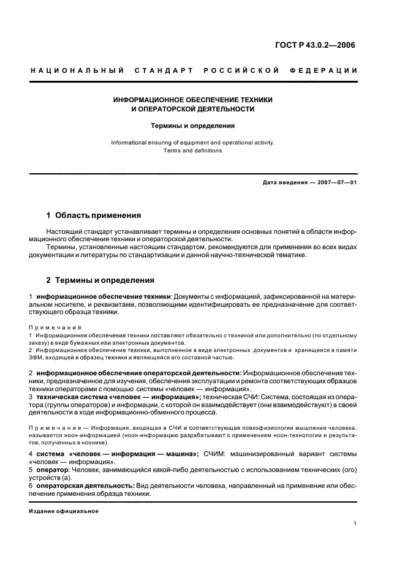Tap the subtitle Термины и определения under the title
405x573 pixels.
193,125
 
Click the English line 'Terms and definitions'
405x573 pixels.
193,150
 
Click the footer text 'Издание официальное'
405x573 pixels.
64,511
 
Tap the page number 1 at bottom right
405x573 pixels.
355,523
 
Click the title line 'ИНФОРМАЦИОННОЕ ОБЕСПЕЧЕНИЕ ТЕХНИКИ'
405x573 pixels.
193,99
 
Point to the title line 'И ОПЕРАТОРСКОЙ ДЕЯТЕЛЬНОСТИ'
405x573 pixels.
193,109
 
